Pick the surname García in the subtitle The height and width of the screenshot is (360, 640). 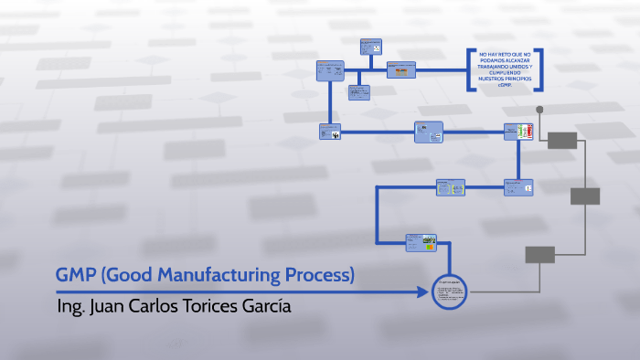pos(267,306)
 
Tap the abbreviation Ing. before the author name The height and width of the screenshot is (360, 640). pos(69,306)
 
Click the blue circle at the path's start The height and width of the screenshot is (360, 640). pos(449,292)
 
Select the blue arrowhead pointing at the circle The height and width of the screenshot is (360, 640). pos(422,292)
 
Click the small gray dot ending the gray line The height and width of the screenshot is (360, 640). pos(539,110)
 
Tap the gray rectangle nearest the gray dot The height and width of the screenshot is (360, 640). pos(562,140)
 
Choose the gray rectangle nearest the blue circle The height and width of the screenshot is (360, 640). pos(540,255)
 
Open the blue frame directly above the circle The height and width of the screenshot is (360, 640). pos(421,242)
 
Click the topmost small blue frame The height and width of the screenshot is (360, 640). pos(370,48)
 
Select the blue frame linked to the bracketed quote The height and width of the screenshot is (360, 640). pos(400,69)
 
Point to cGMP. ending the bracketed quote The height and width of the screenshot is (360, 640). pos(505,85)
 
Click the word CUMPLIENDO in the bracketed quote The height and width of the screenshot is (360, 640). pos(505,73)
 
